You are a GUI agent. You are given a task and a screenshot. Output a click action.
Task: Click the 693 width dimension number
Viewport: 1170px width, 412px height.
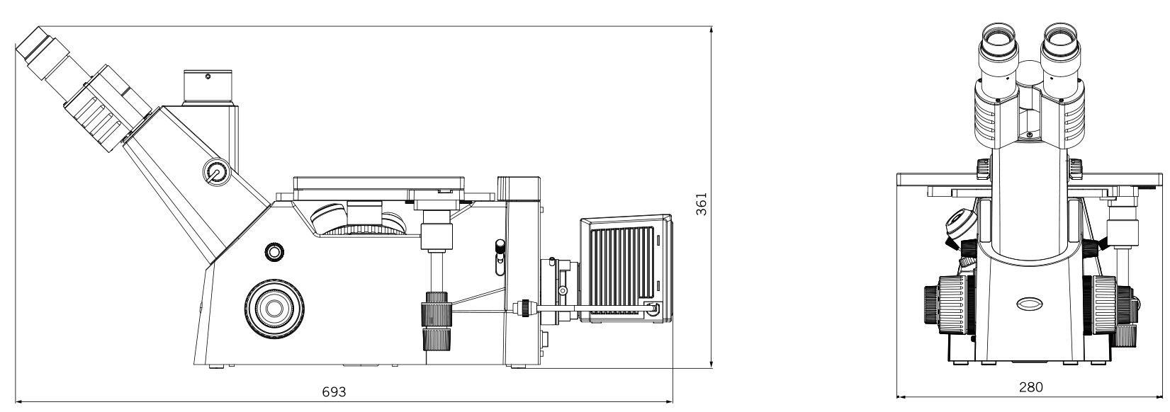point(334,391)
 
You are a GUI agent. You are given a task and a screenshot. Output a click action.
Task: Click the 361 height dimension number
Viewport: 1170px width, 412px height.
point(702,204)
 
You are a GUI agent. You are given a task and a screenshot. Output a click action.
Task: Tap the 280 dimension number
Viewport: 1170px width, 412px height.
point(1030,387)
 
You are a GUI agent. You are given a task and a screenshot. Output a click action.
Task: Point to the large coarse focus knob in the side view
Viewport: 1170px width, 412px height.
point(274,308)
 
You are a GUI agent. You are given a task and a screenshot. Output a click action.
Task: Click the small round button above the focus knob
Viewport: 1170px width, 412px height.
point(274,252)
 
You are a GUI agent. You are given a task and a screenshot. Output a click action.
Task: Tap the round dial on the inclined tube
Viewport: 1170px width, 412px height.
point(216,172)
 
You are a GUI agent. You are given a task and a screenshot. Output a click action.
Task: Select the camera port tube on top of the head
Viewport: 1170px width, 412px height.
point(208,87)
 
